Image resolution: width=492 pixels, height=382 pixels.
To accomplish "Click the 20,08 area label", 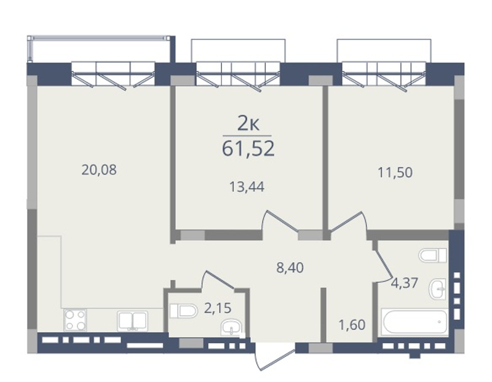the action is pos(99,170).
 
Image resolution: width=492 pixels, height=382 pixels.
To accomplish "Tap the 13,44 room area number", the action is pos(247,187).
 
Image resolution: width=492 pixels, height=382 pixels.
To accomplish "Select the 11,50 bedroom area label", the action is pos(395,172).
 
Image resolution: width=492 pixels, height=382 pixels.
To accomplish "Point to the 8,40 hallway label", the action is pos(290,268).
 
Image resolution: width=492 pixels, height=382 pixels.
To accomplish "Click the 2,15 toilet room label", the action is pos(218,308).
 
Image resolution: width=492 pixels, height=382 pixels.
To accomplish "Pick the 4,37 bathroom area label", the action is pos(405,283).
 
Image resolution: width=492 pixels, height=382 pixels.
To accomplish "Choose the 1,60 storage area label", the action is pos(352,325).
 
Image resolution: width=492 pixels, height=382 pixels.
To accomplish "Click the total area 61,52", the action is pos(248,148).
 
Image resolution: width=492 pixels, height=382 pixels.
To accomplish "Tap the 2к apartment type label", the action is pos(248,124).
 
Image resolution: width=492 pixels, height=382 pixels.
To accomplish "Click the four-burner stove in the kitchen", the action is pos(75,320).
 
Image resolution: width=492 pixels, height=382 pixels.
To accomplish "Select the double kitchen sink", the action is pos(133,320).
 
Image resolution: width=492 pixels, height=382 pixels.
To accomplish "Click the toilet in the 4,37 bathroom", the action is pos(432,255).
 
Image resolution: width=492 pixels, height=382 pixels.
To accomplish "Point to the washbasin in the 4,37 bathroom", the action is pos(438,288).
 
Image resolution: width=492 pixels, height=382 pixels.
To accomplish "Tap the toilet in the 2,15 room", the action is pos(183,311).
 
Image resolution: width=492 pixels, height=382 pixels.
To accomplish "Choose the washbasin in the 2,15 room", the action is pos(232,327).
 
